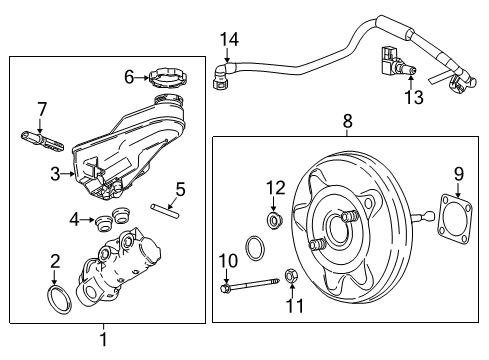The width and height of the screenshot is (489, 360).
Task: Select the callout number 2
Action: point(56,262)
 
